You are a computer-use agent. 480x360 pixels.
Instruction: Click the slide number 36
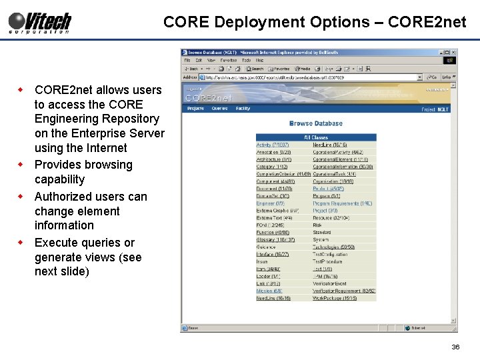[456, 347]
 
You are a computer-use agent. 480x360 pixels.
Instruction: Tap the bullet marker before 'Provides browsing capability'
[22, 164]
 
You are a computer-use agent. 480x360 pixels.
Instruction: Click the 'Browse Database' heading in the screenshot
[316, 123]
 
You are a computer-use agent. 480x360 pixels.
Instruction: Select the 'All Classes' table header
[316, 137]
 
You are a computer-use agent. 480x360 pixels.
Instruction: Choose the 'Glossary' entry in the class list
[267, 239]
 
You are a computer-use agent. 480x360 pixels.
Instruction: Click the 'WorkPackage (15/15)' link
[335, 298]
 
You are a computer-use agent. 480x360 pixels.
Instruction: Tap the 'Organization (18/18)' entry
[333, 181]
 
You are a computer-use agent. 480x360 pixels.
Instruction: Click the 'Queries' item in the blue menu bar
[219, 109]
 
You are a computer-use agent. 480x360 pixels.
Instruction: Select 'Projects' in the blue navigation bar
[195, 109]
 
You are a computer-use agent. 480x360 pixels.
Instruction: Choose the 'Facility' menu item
[243, 109]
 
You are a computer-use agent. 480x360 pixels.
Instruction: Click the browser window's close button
[454, 52]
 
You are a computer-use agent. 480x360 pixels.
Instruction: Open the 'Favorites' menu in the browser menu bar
[229, 60]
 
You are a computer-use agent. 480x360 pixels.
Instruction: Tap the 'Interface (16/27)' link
[272, 254]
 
